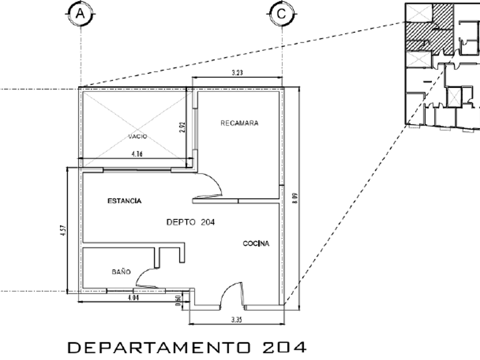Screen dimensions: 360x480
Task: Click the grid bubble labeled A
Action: pos(81,14)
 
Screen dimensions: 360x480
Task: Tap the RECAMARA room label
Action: pos(239,123)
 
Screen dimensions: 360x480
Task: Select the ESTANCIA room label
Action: pos(125,201)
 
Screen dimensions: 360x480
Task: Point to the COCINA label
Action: pos(256,244)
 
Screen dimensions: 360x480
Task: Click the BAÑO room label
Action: pos(121,272)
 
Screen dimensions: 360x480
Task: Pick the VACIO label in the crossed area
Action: pos(138,137)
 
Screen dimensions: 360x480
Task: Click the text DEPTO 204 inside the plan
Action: pos(190,223)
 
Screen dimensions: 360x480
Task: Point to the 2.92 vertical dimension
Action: pos(182,126)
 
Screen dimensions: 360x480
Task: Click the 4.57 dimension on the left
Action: pos(63,230)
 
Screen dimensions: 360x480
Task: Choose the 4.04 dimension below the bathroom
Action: pos(133,298)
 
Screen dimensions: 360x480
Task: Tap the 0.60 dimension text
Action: pos(179,299)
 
